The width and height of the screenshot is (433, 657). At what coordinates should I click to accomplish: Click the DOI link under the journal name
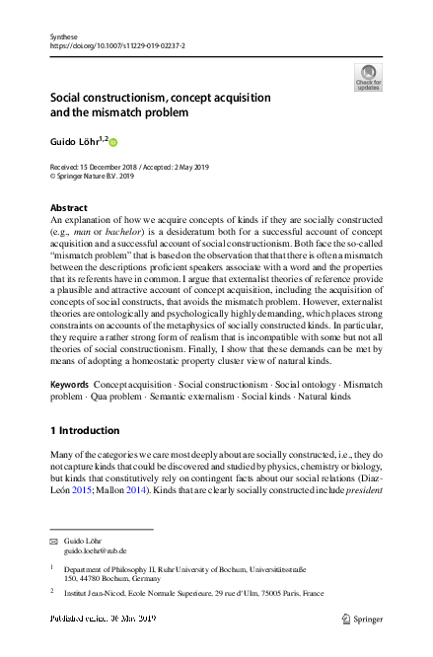116,46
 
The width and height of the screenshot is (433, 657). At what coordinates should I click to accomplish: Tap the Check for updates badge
368,77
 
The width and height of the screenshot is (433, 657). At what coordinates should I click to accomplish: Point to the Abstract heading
68,209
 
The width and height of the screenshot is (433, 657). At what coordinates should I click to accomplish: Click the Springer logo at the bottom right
362,619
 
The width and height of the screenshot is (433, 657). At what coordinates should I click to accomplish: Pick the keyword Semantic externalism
191,395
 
